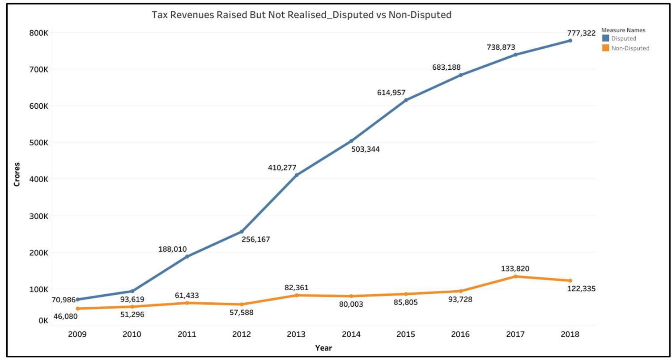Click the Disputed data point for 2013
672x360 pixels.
click(296, 175)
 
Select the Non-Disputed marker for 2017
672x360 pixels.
click(515, 276)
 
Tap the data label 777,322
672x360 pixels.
click(581, 33)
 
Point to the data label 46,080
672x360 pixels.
click(65, 317)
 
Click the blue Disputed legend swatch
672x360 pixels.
click(605, 38)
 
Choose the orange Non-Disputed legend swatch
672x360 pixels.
click(605, 48)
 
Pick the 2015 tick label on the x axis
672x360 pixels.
click(406, 334)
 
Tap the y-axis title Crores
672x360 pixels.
click(17, 174)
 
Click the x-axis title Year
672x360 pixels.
click(323, 348)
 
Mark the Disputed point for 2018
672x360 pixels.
click(570, 41)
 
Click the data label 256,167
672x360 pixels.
click(255, 239)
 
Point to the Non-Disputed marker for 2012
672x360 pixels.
click(242, 304)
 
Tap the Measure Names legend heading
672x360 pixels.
click(623, 30)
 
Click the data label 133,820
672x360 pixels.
click(515, 269)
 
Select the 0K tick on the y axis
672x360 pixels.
click(43, 321)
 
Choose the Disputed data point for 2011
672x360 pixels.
click(187, 256)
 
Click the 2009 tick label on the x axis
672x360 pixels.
click(77, 334)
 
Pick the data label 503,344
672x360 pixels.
click(365, 149)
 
